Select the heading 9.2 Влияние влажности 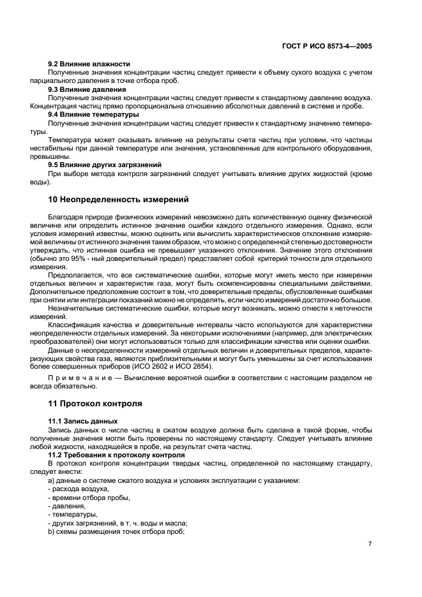click(89, 64)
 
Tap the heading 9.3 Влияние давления click(87, 89)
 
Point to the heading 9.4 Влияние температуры click(93, 114)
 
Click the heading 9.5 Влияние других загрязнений click(105, 165)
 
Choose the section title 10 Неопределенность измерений click(118, 200)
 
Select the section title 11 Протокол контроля click(95, 404)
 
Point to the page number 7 click(370, 544)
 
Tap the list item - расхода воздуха click(77, 489)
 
